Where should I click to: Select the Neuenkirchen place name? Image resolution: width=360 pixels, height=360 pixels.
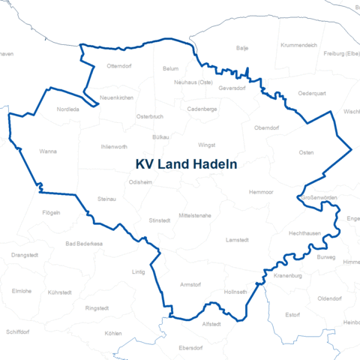click(116, 98)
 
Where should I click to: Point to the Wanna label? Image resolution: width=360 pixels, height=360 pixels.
click(48, 151)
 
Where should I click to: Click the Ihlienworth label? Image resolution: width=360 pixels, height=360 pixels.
click(114, 146)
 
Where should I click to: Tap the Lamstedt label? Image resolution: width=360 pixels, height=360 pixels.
click(237, 239)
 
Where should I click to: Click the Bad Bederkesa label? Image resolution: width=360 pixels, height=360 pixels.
click(83, 244)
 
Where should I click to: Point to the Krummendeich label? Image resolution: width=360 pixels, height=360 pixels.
click(298, 45)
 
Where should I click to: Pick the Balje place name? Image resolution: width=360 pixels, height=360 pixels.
click(242, 48)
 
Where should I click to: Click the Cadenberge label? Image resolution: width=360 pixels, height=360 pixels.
click(202, 109)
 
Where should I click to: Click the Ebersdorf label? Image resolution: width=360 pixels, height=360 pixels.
click(191, 348)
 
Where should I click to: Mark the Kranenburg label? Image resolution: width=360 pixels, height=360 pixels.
click(287, 275)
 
